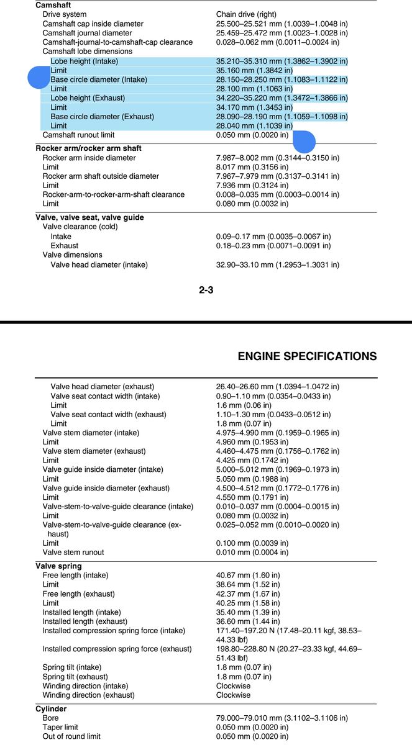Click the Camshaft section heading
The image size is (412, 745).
click(54, 5)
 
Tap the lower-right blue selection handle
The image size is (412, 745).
click(304, 142)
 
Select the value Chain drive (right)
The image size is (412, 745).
click(246, 14)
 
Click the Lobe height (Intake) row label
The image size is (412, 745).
click(84, 61)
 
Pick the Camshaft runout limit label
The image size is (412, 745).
click(78, 135)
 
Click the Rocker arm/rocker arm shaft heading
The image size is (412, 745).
click(88, 148)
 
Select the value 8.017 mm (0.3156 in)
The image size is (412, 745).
click(252, 167)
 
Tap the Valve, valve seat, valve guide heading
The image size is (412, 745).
click(89, 217)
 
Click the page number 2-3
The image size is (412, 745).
click(206, 289)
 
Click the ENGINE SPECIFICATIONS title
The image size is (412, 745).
click(307, 356)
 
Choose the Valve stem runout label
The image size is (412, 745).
click(73, 552)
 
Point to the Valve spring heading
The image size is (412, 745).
click(58, 566)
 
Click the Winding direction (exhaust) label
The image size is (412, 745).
click(88, 695)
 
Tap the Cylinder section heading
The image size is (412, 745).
click(51, 708)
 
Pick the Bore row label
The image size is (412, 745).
click(50, 718)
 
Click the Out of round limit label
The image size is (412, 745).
click(71, 736)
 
